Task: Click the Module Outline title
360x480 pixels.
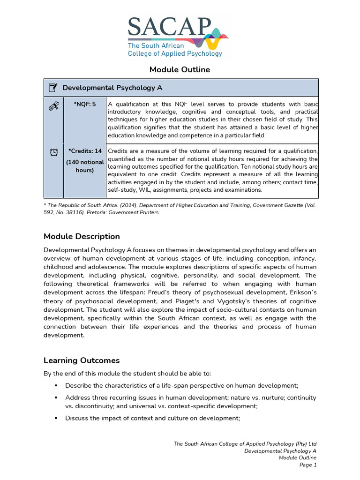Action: (180, 70)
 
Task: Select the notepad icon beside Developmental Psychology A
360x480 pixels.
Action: (53, 88)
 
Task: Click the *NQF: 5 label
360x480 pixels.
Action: (84, 104)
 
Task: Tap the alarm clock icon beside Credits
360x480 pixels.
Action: (53, 152)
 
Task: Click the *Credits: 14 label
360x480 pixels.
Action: (84, 151)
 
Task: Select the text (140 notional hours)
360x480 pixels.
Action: (84, 166)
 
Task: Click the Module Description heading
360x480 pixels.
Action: (82, 236)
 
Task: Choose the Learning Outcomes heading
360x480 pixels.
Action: (82, 360)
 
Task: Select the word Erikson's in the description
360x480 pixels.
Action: (299, 292)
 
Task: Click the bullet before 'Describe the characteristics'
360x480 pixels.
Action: (55, 385)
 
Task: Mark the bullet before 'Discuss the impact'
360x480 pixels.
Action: (55, 418)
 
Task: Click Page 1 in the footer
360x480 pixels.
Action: (308, 465)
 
